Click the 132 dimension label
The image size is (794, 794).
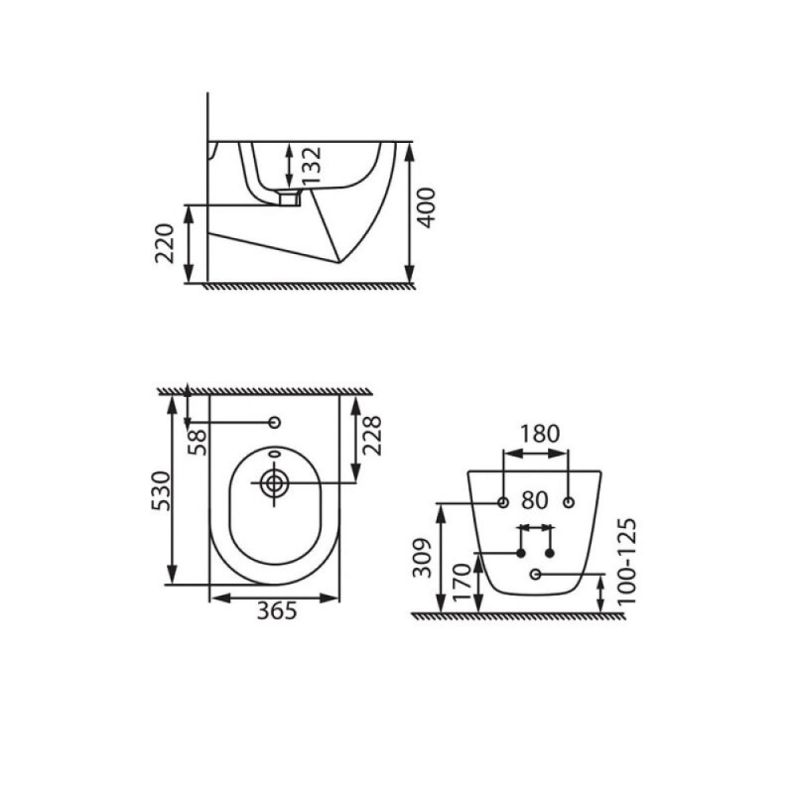point(312,165)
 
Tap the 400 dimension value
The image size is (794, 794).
point(426,207)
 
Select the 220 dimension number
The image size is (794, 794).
point(165,243)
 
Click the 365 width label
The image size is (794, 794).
point(277,611)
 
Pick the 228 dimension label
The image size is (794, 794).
point(371,436)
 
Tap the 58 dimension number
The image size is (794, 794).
point(198,442)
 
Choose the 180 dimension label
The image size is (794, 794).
point(540,434)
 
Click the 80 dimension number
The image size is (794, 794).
point(535,501)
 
